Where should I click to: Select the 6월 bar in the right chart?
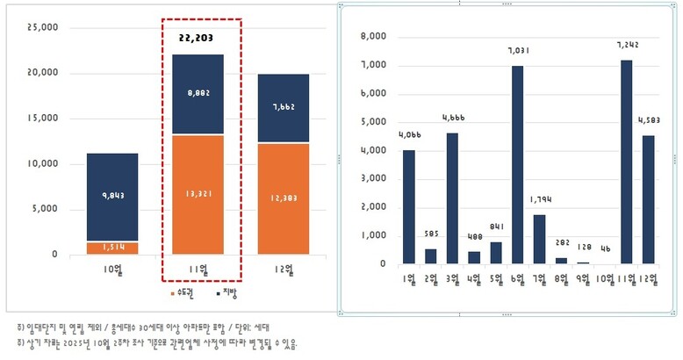tap(518, 164)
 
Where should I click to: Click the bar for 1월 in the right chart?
tap(409, 206)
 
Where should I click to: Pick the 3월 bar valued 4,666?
tap(452, 198)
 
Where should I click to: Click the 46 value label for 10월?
tap(603, 248)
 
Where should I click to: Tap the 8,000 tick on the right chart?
tap(373, 37)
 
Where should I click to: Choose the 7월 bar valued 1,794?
tap(539, 239)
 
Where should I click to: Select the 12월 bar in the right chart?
tap(647, 199)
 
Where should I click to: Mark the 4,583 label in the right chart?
tap(648, 119)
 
